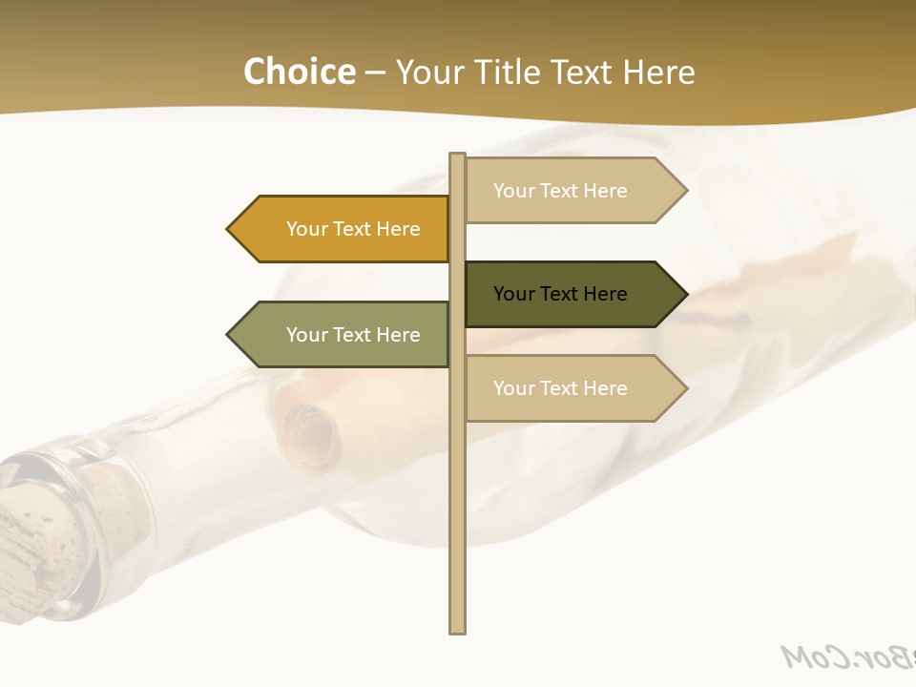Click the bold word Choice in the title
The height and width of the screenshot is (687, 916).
tap(299, 72)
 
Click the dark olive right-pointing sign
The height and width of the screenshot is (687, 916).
tap(568, 294)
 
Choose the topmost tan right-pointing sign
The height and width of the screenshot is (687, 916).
tap(568, 191)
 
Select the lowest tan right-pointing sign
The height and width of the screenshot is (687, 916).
tap(568, 388)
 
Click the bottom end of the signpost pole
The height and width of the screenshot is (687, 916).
tap(458, 629)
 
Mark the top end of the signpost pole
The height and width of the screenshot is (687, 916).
tap(458, 156)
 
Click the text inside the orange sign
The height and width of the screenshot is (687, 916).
tap(353, 229)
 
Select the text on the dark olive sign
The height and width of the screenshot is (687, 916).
tap(560, 294)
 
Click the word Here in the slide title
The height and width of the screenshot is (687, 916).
tap(659, 72)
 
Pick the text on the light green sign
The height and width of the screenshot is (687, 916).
tap(353, 335)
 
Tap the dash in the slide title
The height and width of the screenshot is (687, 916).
tap(375, 73)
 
